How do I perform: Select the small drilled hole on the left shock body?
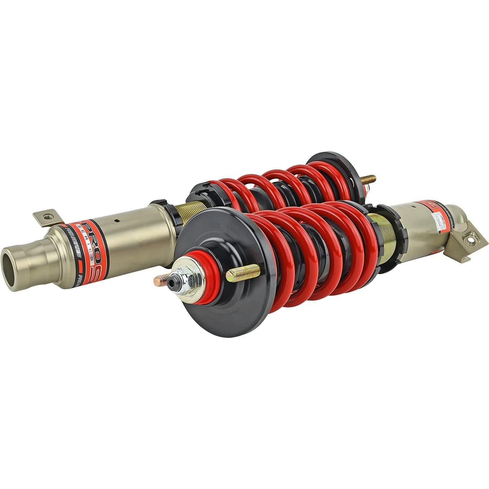116,221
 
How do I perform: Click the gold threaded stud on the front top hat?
243,272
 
